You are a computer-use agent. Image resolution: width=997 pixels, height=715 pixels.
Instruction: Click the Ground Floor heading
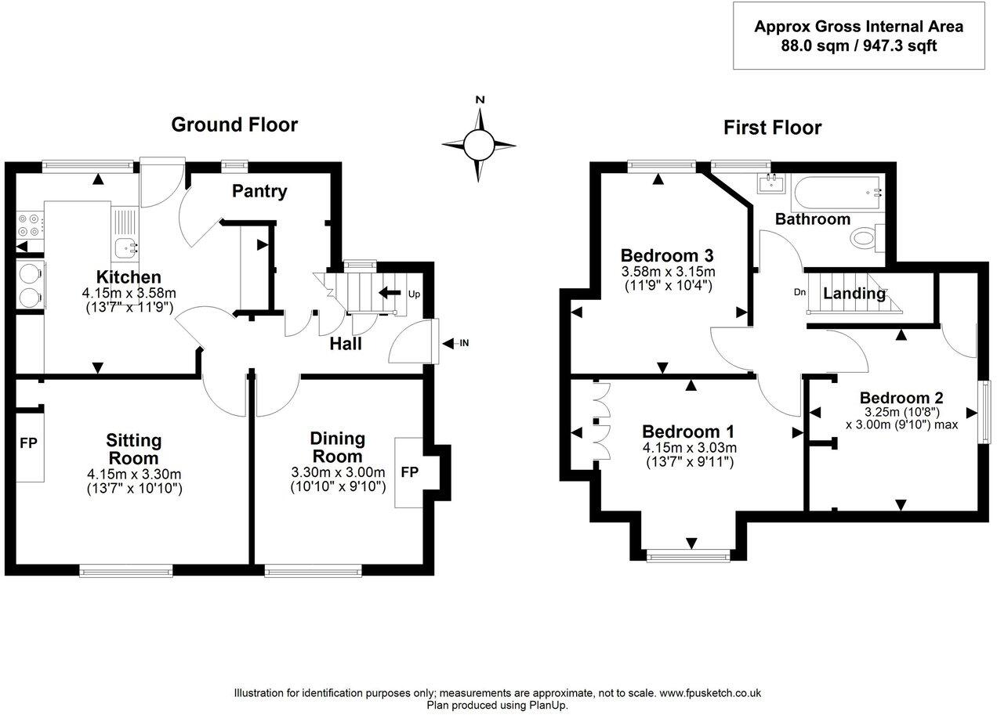234,125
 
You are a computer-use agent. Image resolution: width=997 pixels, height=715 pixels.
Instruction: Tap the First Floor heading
772,128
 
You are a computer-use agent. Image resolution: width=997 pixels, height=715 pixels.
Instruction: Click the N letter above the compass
480,100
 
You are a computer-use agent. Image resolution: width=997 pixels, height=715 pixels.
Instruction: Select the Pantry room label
259,191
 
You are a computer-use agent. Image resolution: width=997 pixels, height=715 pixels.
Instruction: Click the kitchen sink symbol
125,249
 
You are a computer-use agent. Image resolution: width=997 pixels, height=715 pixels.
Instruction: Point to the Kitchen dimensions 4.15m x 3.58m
128,292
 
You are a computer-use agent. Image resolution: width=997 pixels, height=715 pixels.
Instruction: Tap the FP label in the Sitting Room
28,443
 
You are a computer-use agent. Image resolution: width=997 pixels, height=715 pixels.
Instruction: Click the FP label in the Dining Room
409,472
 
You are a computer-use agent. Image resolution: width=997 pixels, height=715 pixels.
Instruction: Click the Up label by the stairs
414,294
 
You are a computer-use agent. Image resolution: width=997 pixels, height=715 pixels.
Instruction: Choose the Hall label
345,343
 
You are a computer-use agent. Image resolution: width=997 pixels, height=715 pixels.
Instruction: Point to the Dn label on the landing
799,292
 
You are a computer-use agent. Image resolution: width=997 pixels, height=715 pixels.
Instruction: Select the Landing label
854,294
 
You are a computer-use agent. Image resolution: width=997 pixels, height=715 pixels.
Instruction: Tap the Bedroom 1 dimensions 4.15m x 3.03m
689,447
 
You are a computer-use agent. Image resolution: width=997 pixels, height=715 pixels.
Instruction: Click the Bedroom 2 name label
901,397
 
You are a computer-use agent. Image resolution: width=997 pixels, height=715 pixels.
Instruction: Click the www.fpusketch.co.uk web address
710,693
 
